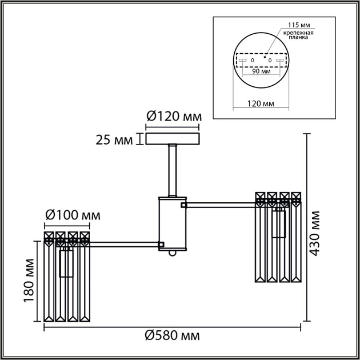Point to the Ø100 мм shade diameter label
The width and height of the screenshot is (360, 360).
pos(72,215)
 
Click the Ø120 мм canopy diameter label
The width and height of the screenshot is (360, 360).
pos(174,116)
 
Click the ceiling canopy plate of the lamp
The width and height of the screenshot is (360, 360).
pos(173,139)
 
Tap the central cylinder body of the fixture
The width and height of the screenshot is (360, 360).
pos(173,224)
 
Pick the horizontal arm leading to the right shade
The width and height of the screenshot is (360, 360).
pos(220,203)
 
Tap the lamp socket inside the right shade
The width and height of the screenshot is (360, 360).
pos(278,224)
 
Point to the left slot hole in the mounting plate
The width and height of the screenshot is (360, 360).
pos(242,59)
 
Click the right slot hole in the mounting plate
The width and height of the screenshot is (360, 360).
pos(279,59)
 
